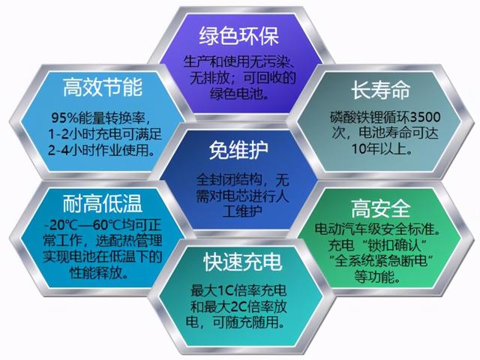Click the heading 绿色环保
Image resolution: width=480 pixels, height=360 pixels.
click(239, 37)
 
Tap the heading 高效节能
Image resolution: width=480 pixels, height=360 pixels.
click(103, 87)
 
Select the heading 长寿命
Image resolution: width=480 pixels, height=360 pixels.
click(380, 90)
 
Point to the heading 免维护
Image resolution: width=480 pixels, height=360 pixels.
click(238, 150)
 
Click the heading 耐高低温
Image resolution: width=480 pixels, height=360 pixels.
click(103, 203)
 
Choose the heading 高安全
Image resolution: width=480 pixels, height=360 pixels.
click(380, 208)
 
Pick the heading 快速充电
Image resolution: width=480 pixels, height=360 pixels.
click(242, 262)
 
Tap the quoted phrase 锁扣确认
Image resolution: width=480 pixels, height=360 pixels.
click(391, 245)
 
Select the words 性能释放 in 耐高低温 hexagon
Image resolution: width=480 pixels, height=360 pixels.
click(96, 272)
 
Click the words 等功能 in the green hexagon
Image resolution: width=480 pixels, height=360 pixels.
click(374, 277)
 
